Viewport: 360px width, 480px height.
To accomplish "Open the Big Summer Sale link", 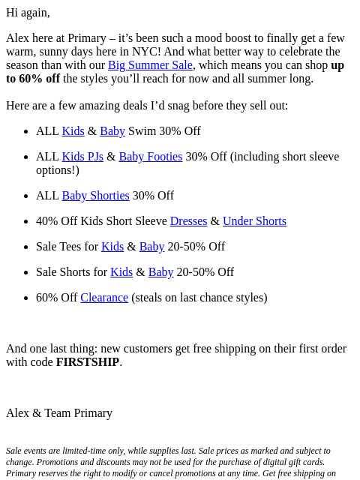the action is pos(150,65).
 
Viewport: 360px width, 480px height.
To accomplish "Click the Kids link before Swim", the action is pos(73,131).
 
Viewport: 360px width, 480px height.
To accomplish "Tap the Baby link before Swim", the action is pos(112,131).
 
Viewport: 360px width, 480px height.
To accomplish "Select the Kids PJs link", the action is pos(82,157).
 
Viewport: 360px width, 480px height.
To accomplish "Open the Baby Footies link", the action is pos(151,157).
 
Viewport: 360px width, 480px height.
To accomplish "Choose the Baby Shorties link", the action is pos(96,196).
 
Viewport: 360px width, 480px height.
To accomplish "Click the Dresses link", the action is pos(188,221).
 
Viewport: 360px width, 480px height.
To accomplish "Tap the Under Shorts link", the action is pos(254,221).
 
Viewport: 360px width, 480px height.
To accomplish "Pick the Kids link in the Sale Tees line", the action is pos(112,247).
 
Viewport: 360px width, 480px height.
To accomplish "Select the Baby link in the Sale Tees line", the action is pos(151,247).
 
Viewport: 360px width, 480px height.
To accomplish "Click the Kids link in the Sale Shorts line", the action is pos(121,271).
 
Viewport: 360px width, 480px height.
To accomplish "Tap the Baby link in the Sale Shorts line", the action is pos(161,272).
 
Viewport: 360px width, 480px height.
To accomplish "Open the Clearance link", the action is pos(104,298).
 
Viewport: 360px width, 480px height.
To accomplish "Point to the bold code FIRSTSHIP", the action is pos(88,362).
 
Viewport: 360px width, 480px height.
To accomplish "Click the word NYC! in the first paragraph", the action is pos(146,52).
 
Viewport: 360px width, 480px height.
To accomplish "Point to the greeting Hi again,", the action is pos(28,13).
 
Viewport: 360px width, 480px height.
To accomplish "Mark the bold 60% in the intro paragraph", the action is pos(31,79).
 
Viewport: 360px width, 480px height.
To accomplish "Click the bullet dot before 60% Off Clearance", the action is pos(26,298).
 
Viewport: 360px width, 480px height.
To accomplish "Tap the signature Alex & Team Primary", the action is pos(59,413).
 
